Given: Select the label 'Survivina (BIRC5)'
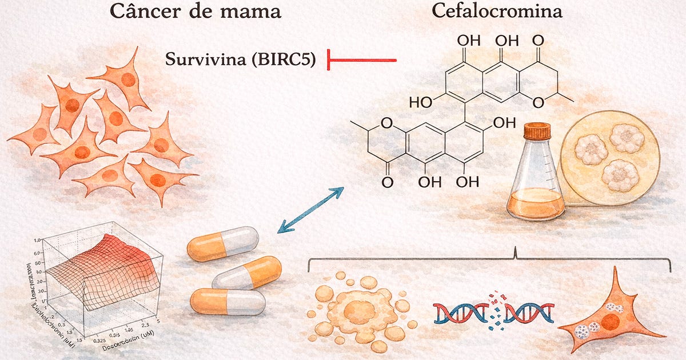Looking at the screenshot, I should (x=240, y=59).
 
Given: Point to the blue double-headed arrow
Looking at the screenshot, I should (x=310, y=210).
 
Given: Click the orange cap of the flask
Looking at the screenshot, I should (x=537, y=131).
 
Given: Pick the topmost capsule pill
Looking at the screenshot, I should (x=222, y=244).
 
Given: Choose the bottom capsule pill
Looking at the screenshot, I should (x=228, y=301).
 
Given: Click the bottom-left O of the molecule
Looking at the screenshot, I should (x=387, y=183).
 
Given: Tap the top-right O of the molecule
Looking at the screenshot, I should (x=537, y=41).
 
